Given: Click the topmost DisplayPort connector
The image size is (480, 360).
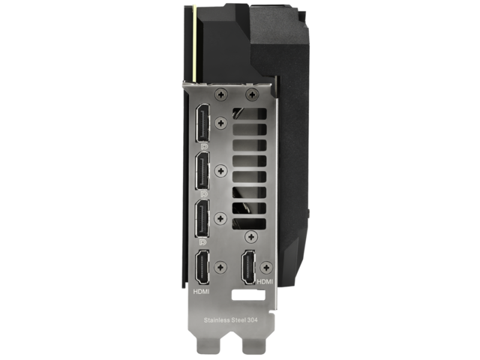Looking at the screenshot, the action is [202, 123].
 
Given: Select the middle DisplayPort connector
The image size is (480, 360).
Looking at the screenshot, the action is [202, 171].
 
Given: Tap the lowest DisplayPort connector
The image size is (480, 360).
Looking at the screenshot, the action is [202, 218].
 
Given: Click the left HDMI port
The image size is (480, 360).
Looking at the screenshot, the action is [202, 268].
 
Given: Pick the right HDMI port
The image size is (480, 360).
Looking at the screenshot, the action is [248, 267].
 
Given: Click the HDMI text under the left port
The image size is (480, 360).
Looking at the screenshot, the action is [202, 292].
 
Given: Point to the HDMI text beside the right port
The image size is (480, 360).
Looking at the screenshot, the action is [265, 281].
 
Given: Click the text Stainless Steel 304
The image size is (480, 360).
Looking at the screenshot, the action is [230, 320].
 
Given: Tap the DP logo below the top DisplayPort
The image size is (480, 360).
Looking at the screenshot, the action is [203, 147].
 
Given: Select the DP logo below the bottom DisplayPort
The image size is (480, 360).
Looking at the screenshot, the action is [202, 242].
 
